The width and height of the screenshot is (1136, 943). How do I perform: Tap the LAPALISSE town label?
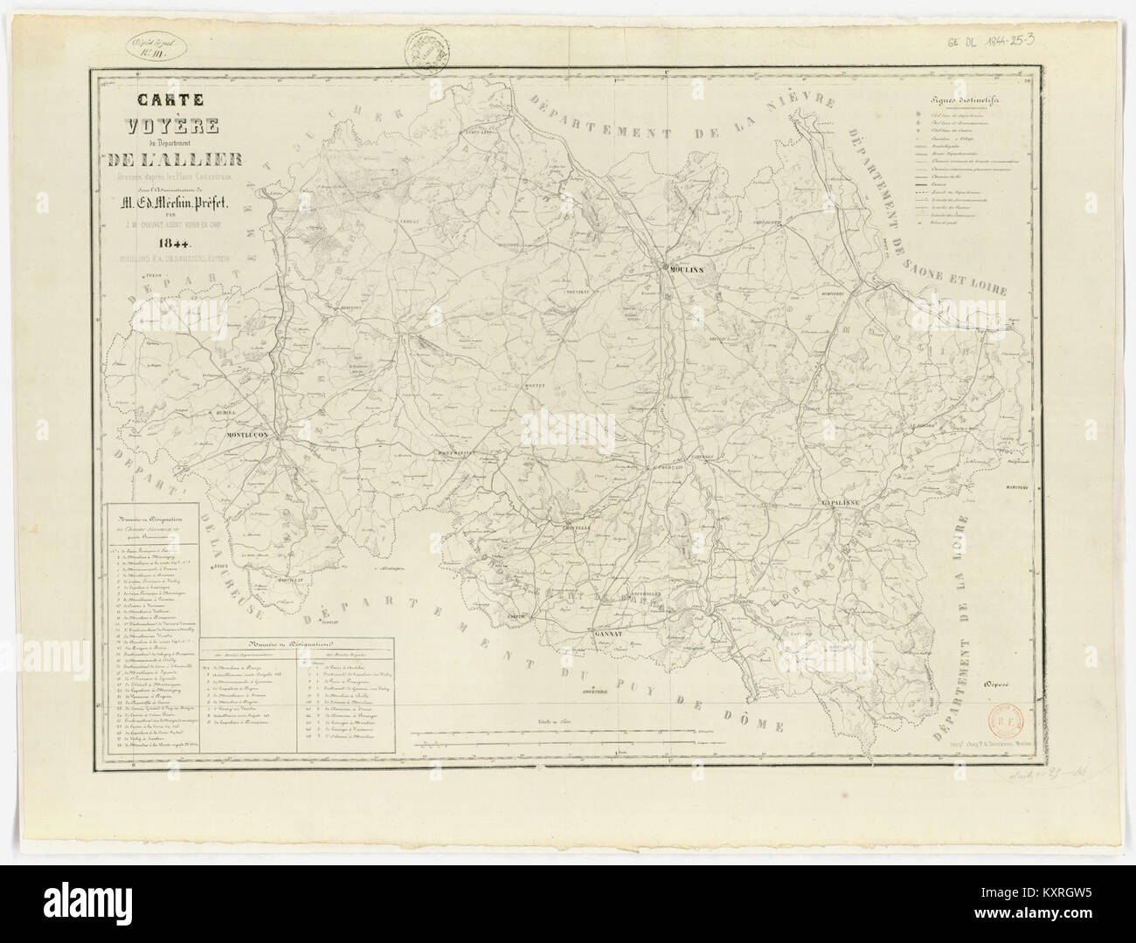(x=842, y=505)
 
